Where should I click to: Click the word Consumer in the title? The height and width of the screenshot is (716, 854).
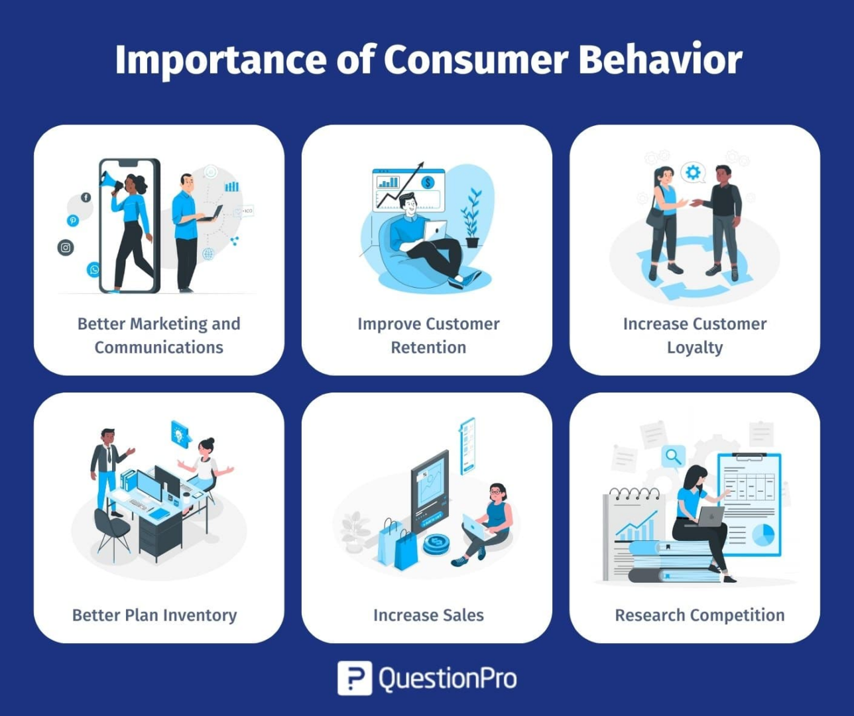(475, 60)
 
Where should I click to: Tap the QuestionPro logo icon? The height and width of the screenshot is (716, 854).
(354, 678)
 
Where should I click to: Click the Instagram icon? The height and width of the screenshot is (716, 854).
(66, 247)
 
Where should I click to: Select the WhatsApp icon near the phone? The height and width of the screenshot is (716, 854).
(94, 269)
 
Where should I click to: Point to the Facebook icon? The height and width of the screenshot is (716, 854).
(86, 197)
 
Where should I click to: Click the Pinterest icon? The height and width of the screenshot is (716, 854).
(73, 220)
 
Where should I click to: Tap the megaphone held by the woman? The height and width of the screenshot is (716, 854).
(109, 180)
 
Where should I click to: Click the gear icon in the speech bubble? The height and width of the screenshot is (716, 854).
(693, 173)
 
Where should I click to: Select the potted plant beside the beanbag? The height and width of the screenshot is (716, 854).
(472, 219)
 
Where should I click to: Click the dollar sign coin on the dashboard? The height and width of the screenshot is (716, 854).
(428, 182)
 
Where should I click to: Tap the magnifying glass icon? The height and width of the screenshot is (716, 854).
(673, 457)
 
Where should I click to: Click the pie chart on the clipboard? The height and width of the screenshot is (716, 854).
(763, 534)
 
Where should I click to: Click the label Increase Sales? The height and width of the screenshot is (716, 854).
(428, 615)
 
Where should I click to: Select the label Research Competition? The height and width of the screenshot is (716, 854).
(700, 615)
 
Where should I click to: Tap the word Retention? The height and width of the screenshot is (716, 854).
(428, 347)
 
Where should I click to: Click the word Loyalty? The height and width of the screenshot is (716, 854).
(695, 347)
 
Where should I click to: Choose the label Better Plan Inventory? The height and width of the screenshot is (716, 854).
(154, 615)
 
